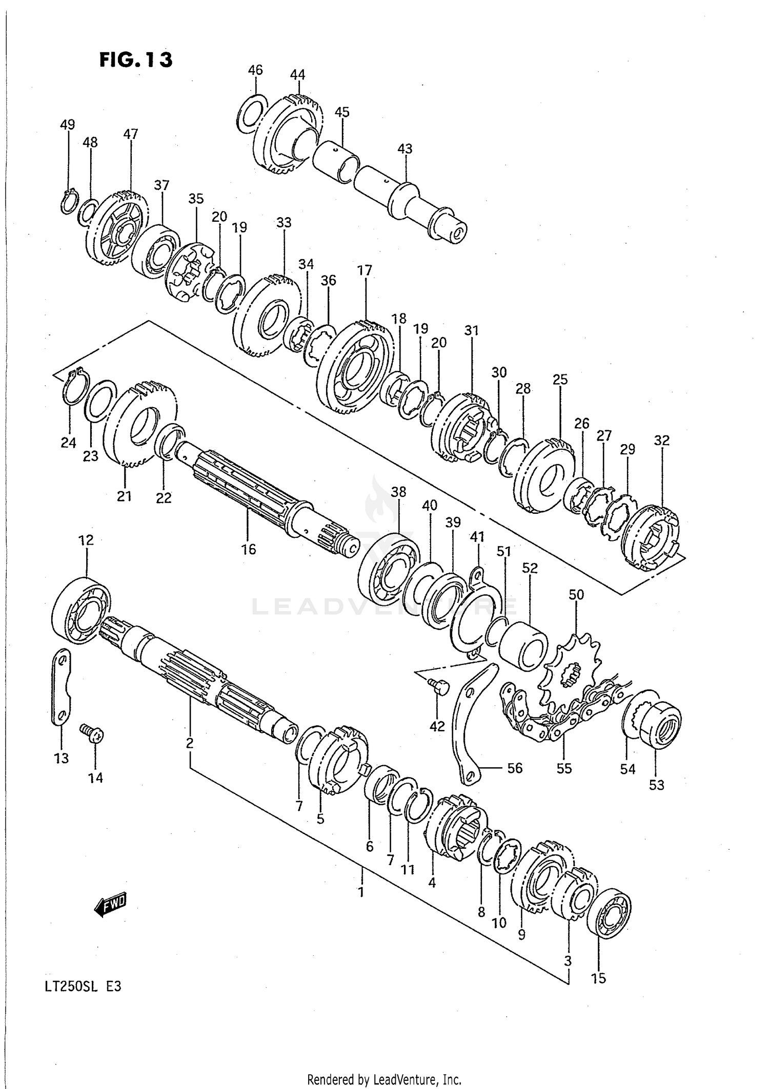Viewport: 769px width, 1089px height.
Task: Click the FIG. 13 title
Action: pyautogui.click(x=136, y=60)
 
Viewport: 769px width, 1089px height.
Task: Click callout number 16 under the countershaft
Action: pyautogui.click(x=249, y=550)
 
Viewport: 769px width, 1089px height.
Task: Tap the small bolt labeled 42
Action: pyautogui.click(x=438, y=685)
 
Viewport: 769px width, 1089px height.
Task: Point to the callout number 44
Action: pyautogui.click(x=297, y=75)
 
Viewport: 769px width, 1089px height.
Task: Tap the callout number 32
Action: pyautogui.click(x=662, y=441)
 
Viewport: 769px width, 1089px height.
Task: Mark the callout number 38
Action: pyautogui.click(x=398, y=492)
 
